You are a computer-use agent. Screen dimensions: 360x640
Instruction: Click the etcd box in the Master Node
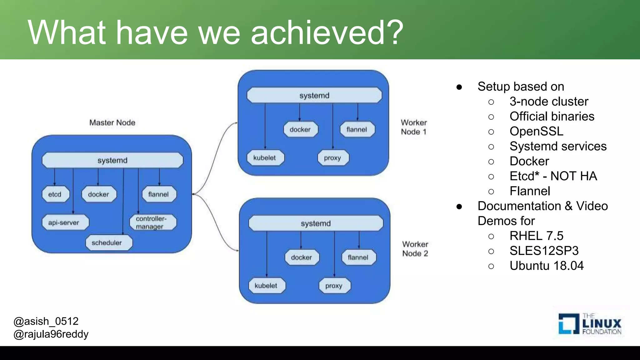point(55,194)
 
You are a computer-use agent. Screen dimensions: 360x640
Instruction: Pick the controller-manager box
point(153,222)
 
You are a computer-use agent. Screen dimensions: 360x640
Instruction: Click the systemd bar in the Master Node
point(112,160)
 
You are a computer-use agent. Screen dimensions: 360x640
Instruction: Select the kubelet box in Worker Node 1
point(265,158)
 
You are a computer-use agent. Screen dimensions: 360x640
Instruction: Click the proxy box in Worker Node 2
point(334,286)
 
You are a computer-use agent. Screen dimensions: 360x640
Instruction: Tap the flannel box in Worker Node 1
point(357,129)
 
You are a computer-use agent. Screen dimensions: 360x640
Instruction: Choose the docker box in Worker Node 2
point(302,257)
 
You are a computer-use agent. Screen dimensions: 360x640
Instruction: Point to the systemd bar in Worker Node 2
point(316,223)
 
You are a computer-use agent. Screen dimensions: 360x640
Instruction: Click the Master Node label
point(112,122)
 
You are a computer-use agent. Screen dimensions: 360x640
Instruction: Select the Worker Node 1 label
point(414,127)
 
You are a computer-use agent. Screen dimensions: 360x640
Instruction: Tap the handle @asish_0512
point(46,321)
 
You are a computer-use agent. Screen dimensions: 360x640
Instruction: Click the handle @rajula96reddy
point(51,334)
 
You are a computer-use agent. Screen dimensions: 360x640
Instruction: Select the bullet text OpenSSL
point(536,131)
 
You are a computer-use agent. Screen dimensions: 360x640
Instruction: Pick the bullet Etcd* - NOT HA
point(553,176)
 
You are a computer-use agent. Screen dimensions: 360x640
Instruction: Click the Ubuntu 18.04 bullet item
point(547,266)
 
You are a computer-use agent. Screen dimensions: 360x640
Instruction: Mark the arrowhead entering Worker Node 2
point(237,250)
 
